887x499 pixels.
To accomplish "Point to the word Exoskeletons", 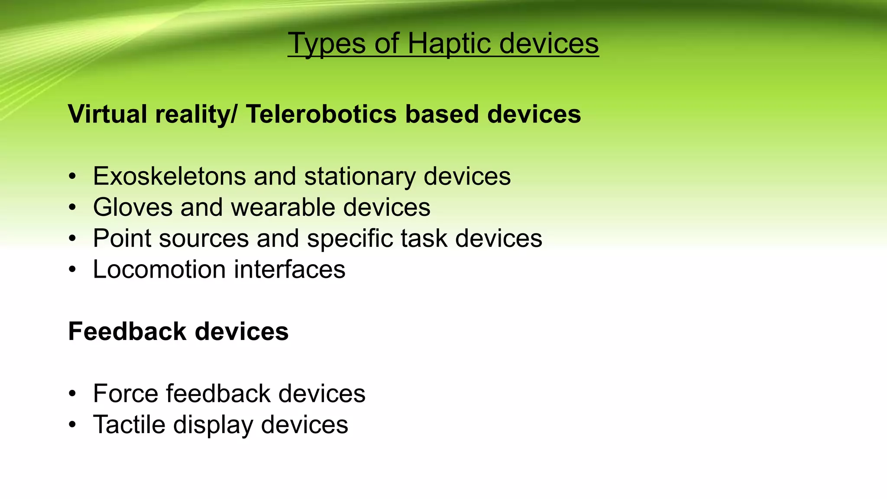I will [x=169, y=176].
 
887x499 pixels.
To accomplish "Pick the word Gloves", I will [x=133, y=207].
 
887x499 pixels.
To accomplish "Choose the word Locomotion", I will [x=159, y=270].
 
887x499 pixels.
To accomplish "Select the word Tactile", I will [x=129, y=424].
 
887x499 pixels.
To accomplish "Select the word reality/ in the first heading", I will [x=196, y=114].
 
